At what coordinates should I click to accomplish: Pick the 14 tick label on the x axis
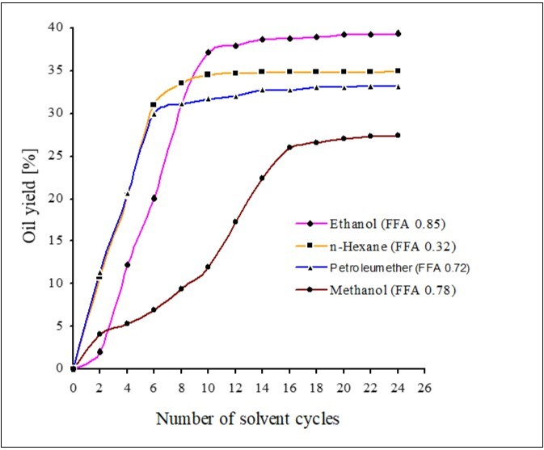(262, 386)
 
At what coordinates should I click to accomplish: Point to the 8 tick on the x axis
(181, 386)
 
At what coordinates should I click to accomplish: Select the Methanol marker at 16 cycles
(289, 147)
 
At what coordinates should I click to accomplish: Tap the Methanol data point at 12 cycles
(235, 221)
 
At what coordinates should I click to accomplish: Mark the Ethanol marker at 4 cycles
(127, 264)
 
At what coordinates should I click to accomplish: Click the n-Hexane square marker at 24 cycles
(398, 70)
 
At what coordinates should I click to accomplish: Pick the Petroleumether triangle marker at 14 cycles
(262, 90)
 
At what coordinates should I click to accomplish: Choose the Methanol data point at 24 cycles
(398, 135)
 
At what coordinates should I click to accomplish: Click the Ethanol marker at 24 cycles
(398, 34)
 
